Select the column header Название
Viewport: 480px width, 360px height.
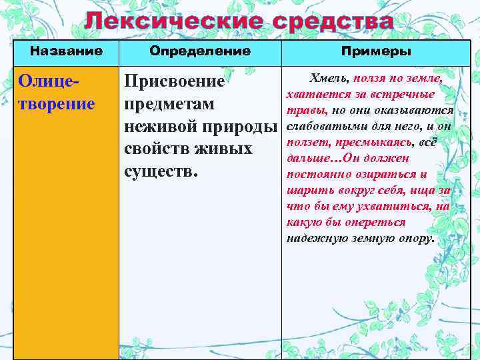[67, 51]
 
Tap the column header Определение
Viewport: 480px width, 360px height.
[200, 51]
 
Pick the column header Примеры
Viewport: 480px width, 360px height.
[376, 51]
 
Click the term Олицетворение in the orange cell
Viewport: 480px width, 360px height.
[57, 93]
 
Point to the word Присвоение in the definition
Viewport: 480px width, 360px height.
[175, 82]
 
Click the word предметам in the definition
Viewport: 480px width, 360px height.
[169, 105]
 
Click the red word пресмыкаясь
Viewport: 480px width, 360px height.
[379, 142]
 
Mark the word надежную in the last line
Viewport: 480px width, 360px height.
[313, 238]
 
